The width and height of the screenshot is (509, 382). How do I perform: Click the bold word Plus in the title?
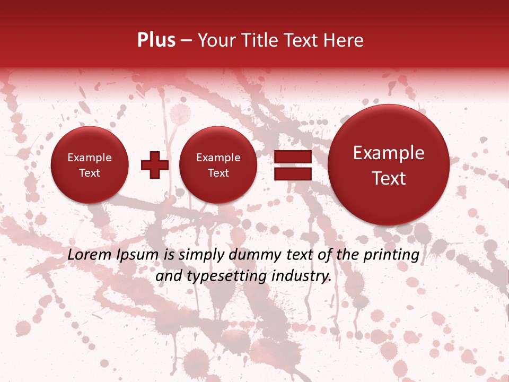tap(156, 40)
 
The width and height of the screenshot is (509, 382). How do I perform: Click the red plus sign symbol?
tap(155, 164)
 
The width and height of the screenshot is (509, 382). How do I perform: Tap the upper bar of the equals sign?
tap(293, 157)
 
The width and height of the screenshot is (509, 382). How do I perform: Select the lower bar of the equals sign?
tap(293, 174)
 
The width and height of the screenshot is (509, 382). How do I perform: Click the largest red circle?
tap(389, 164)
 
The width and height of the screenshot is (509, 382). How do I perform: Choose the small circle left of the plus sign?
tap(90, 165)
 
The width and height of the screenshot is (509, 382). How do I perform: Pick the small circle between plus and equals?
tap(218, 165)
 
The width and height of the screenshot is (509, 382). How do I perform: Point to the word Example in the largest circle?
tap(389, 153)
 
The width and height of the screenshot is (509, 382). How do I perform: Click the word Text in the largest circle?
tap(389, 178)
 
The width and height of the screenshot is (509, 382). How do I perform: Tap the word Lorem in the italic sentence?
tap(89, 255)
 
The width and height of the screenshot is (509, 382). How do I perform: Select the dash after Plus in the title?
tap(186, 41)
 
